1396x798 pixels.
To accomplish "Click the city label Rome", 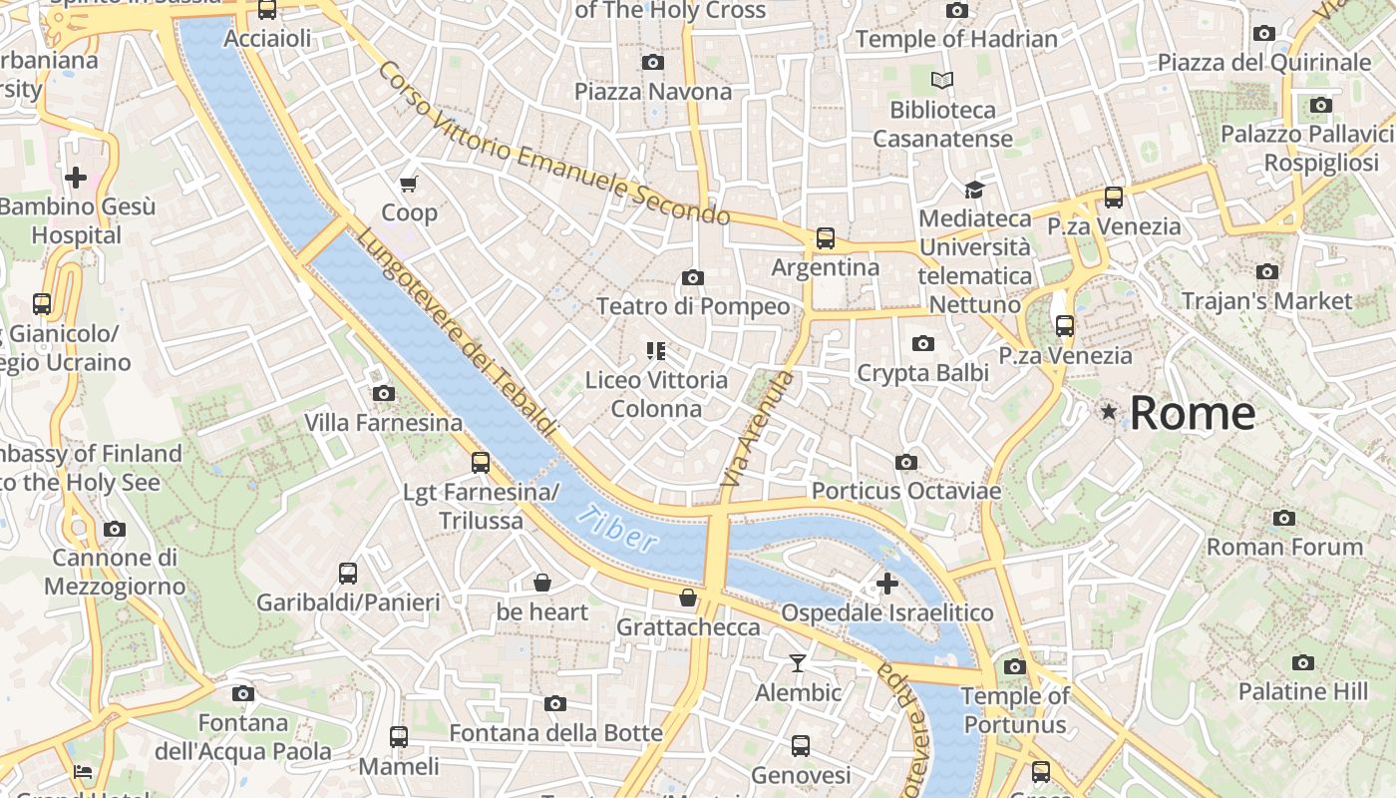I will click(1192, 413).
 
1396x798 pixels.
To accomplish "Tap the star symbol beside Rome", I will click(1108, 411).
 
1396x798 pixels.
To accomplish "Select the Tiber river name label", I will click(618, 529).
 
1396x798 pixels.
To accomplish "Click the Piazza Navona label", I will click(652, 92).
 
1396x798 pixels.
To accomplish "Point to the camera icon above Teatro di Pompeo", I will click(692, 277).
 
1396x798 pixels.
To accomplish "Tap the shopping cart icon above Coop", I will click(408, 184).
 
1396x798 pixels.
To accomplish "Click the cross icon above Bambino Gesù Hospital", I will click(76, 178).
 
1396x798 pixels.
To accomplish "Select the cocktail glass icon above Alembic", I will click(798, 662).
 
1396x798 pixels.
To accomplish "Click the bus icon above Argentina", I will click(825, 238).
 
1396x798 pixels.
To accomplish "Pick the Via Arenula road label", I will click(758, 430).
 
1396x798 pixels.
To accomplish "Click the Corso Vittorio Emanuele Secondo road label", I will click(553, 144).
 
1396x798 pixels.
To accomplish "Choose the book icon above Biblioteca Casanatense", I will click(941, 80).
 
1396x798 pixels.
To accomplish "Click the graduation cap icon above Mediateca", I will click(973, 190).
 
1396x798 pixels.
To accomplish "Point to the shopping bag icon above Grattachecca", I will click(688, 598).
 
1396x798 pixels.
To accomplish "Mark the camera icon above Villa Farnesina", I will click(383, 394).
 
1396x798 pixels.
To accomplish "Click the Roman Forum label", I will click(1284, 547).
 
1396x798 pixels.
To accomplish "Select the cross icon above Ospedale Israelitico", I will click(886, 583).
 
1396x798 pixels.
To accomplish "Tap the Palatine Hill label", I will click(1302, 691).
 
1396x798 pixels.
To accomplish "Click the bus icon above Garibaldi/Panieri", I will click(347, 574).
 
